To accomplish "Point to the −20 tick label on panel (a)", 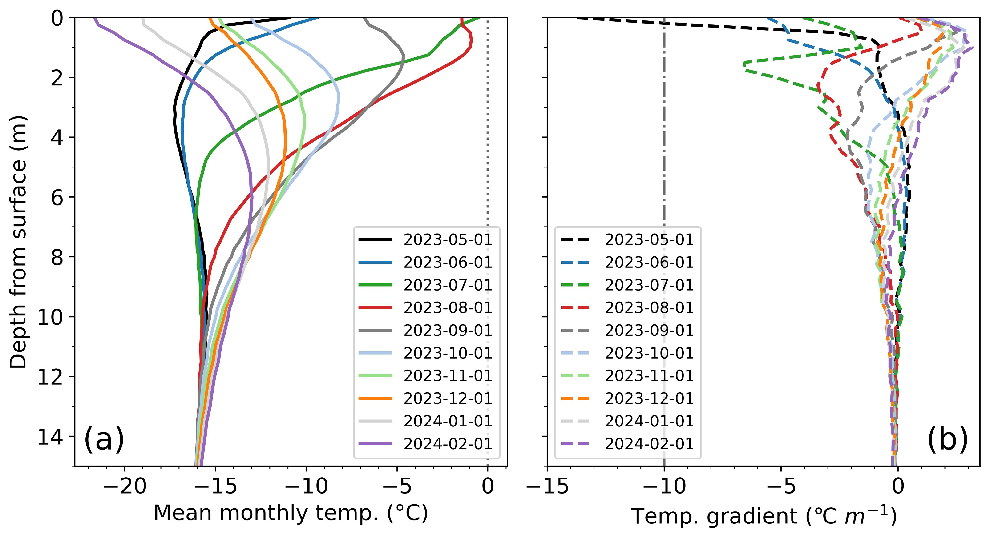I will tap(125, 486).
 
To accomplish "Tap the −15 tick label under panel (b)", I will tap(547, 486).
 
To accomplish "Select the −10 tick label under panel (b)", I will tap(664, 486).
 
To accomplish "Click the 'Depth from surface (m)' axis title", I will tap(18, 242).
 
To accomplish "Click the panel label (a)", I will tap(104, 439).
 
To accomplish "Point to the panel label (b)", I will tap(947, 439).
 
